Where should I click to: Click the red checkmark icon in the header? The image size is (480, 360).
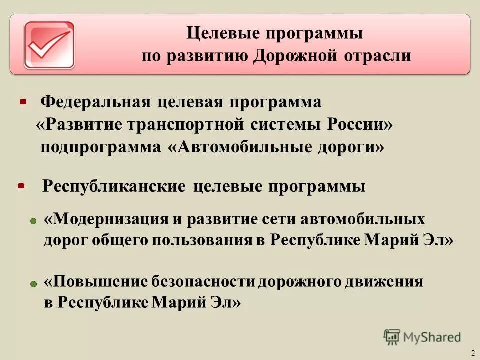tap(49, 45)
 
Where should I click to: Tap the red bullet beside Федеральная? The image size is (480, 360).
tap(23, 102)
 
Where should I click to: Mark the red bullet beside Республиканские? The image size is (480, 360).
tap(21, 186)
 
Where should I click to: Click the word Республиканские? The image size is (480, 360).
tap(114, 186)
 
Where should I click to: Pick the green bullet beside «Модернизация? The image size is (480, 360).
tap(33, 220)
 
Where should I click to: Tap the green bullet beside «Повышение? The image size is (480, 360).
tap(33, 283)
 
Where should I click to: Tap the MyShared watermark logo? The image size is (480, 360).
tap(422, 337)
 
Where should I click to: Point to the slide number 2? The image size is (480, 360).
tap(473, 353)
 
